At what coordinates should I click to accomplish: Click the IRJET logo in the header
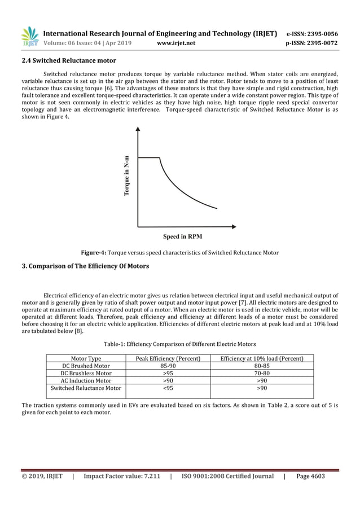click(29, 37)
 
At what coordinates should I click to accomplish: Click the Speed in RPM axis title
click(183, 236)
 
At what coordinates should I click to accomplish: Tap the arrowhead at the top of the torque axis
click(138, 129)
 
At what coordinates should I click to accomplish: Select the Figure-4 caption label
click(94, 252)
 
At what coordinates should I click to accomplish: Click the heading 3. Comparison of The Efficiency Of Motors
click(85, 265)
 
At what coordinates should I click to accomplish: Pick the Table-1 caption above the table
click(179, 344)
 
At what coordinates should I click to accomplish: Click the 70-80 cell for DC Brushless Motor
click(262, 373)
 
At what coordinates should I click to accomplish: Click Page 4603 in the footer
click(310, 476)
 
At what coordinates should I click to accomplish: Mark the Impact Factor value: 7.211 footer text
click(121, 476)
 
